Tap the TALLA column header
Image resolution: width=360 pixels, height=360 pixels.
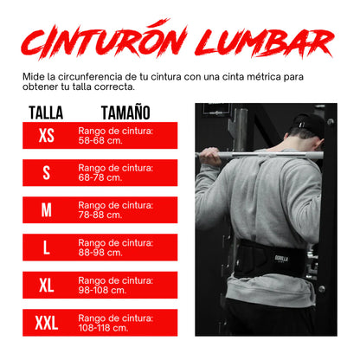pyautogui.click(x=46, y=112)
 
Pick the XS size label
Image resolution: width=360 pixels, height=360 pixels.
pyautogui.click(x=46, y=136)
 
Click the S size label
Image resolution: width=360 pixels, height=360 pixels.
pyautogui.click(x=46, y=172)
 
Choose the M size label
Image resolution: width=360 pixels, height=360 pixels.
pyautogui.click(x=46, y=209)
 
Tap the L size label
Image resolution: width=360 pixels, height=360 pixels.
pyautogui.click(x=46, y=247)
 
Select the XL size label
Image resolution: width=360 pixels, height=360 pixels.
pyautogui.click(x=46, y=285)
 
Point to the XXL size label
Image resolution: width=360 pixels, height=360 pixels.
pyautogui.click(x=46, y=323)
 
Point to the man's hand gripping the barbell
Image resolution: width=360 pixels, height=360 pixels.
pyautogui.click(x=212, y=156)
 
